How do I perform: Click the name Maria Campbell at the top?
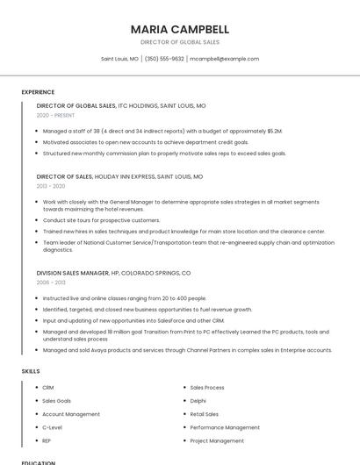pyautogui.click(x=179, y=29)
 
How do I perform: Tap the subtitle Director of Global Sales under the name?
pyautogui.click(x=179, y=42)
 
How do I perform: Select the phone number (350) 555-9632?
pyautogui.click(x=164, y=59)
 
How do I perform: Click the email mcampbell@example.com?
pyautogui.click(x=224, y=59)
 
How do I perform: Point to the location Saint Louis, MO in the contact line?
pyautogui.click(x=119, y=59)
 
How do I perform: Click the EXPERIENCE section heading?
pyautogui.click(x=38, y=92)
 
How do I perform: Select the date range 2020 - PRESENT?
pyautogui.click(x=55, y=115)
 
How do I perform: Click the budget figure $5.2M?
pyautogui.click(x=273, y=131)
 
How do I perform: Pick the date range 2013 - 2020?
pyautogui.click(x=51, y=186)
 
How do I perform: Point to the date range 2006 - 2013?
pyautogui.click(x=51, y=283)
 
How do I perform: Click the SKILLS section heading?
pyautogui.click(x=31, y=371)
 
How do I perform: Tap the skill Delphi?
pyautogui.click(x=199, y=400)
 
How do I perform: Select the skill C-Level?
pyautogui.click(x=52, y=427)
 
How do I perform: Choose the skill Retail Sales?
pyautogui.click(x=205, y=414)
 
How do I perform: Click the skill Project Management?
pyautogui.click(x=217, y=440)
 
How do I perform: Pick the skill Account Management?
pyautogui.click(x=71, y=414)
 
